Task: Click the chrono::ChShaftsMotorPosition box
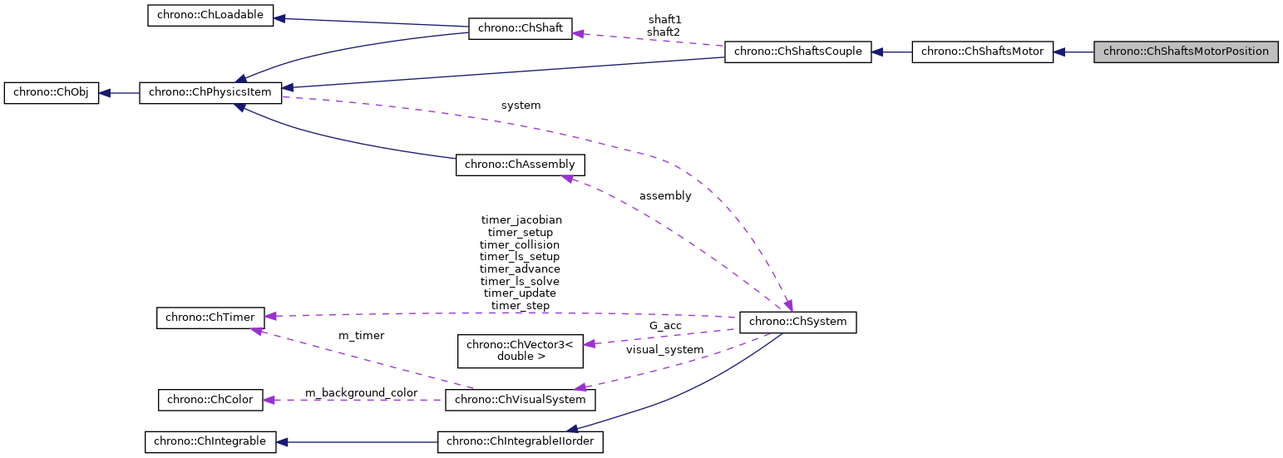1185,52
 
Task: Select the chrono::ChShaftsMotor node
982,52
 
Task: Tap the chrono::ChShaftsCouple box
798,52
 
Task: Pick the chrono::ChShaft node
521,28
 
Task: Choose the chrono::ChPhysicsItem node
210,93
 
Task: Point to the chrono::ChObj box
52,93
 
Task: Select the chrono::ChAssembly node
520,165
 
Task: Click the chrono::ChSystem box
797,322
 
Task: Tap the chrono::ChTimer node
211,317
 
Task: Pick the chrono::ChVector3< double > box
521,350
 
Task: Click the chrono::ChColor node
210,400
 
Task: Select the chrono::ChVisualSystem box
521,400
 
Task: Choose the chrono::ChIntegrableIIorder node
520,441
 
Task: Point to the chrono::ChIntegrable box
210,441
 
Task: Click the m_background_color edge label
361,392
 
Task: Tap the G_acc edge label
665,325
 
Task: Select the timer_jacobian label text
521,220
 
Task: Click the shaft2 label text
664,32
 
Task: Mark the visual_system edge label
664,350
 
